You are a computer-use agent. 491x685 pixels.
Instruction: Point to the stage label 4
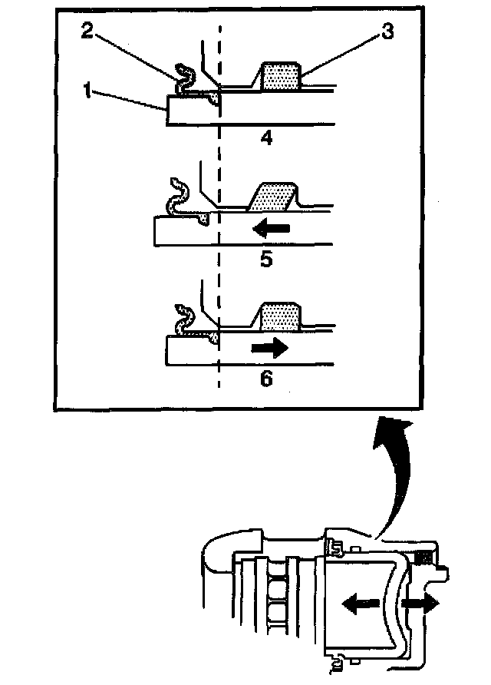point(266,140)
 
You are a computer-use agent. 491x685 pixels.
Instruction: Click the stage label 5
point(266,259)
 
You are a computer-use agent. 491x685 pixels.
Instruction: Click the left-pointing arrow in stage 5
point(272,228)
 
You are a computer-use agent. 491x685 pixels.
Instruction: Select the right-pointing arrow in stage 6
point(270,347)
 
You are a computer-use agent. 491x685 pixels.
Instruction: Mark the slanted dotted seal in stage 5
point(272,197)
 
